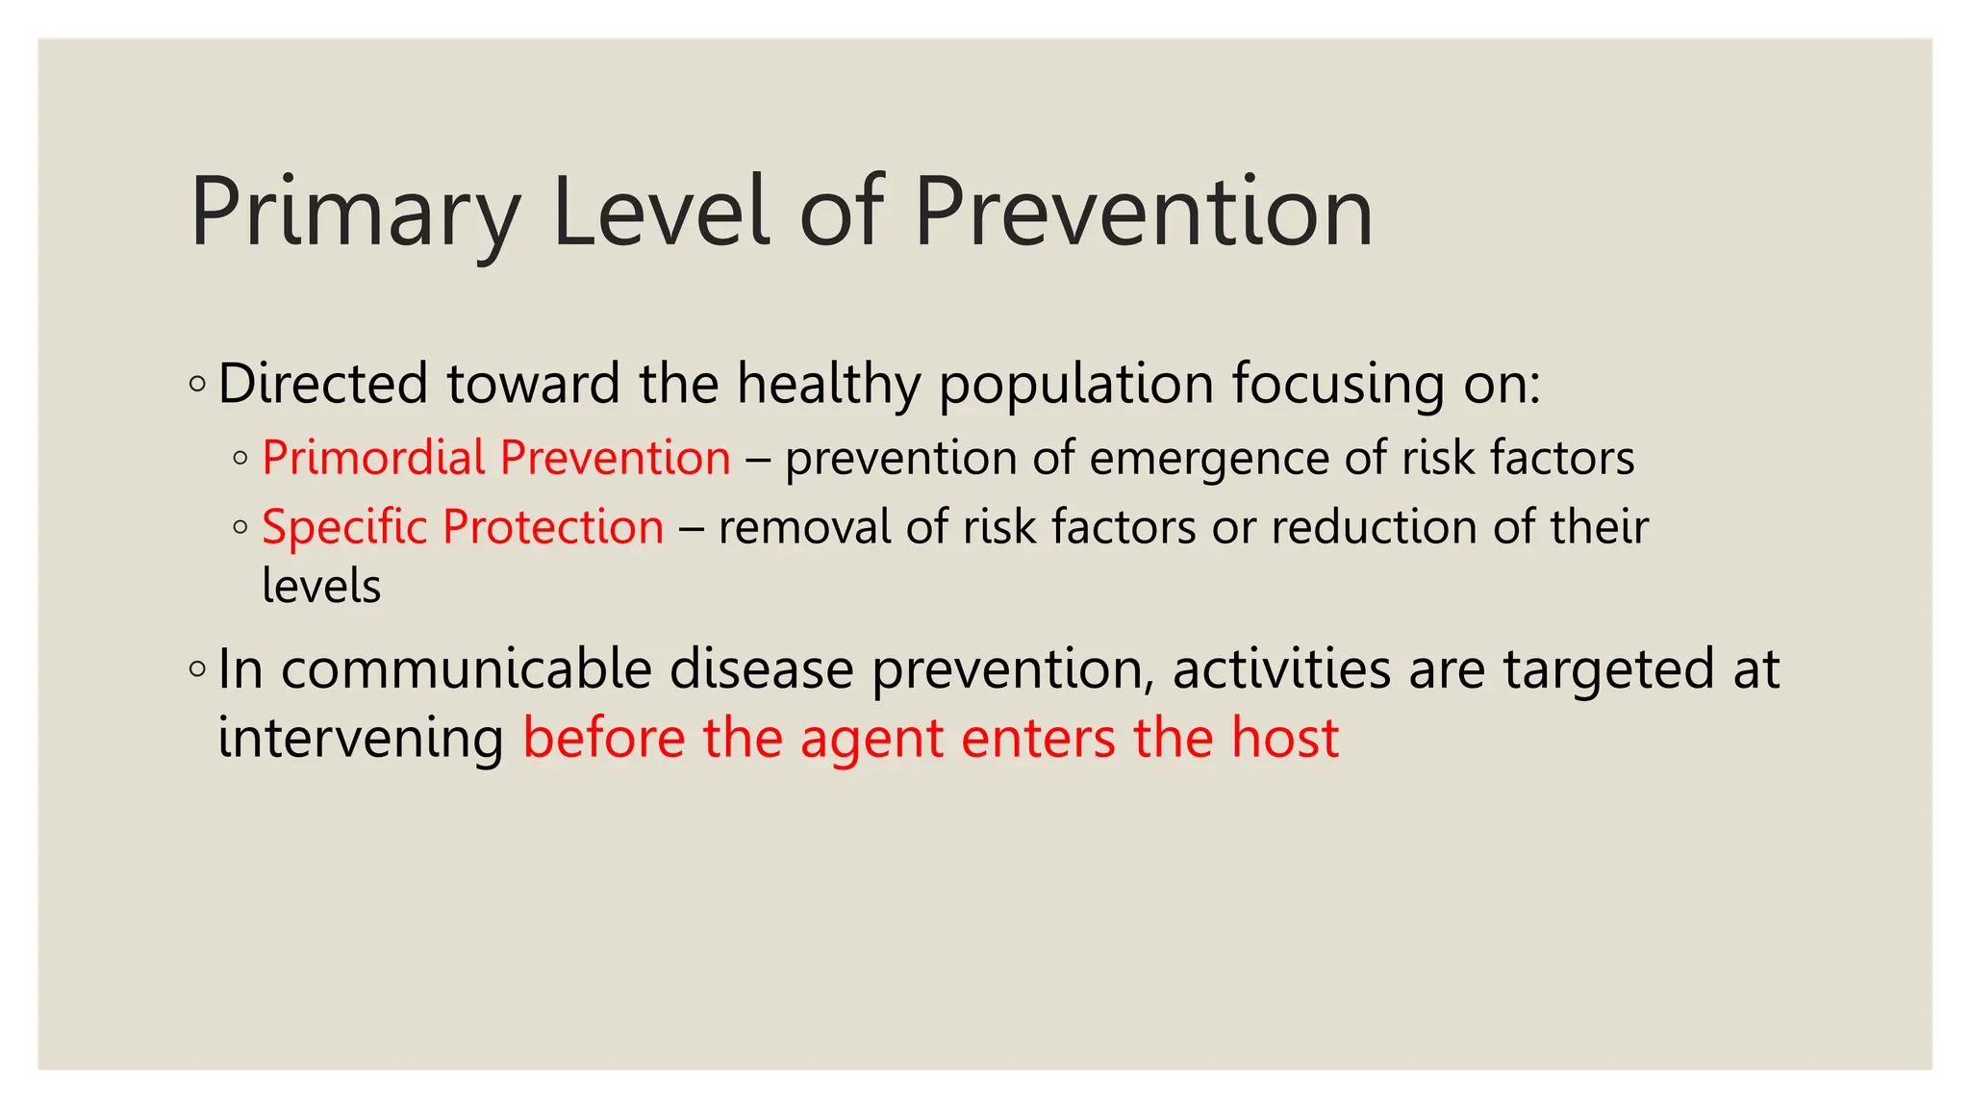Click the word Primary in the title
354,214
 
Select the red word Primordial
373,457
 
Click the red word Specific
343,528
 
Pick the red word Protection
553,527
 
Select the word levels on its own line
321,586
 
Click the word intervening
360,739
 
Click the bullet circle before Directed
197,385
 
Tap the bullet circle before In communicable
197,668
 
